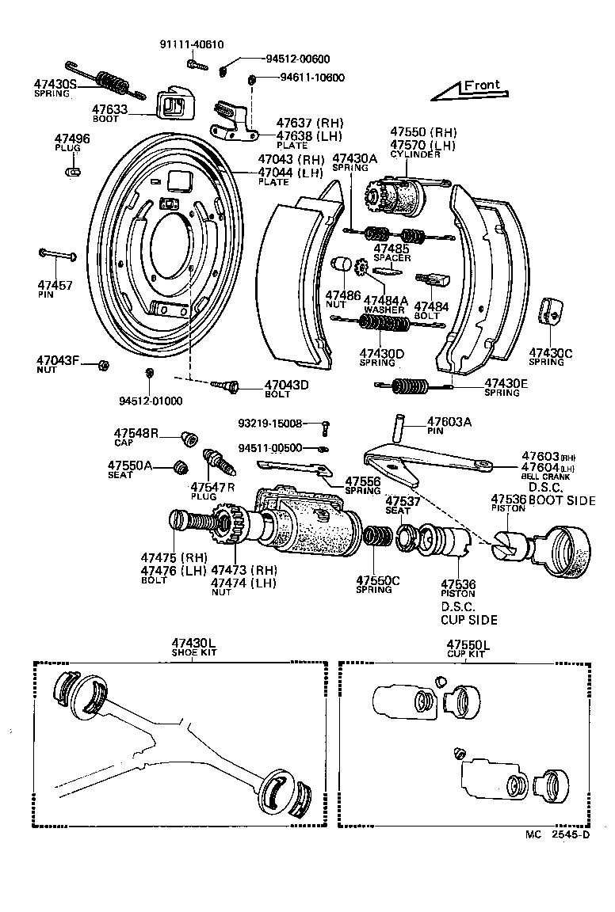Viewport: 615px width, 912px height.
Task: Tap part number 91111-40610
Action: (x=190, y=46)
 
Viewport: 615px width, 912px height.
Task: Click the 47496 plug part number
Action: (x=72, y=139)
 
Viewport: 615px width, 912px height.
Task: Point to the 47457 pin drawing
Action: (x=56, y=254)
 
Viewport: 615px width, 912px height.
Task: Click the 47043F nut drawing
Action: (x=103, y=365)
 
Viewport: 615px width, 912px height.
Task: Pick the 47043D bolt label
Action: (x=286, y=386)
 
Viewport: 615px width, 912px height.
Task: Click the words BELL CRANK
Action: (x=545, y=477)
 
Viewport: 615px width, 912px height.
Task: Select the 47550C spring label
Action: (x=377, y=580)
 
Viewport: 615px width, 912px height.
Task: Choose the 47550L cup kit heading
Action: (x=468, y=645)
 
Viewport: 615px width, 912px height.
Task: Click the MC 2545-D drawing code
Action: (x=559, y=834)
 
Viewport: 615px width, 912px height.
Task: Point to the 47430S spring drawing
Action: (x=109, y=80)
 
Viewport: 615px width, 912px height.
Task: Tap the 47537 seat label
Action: (x=403, y=501)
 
